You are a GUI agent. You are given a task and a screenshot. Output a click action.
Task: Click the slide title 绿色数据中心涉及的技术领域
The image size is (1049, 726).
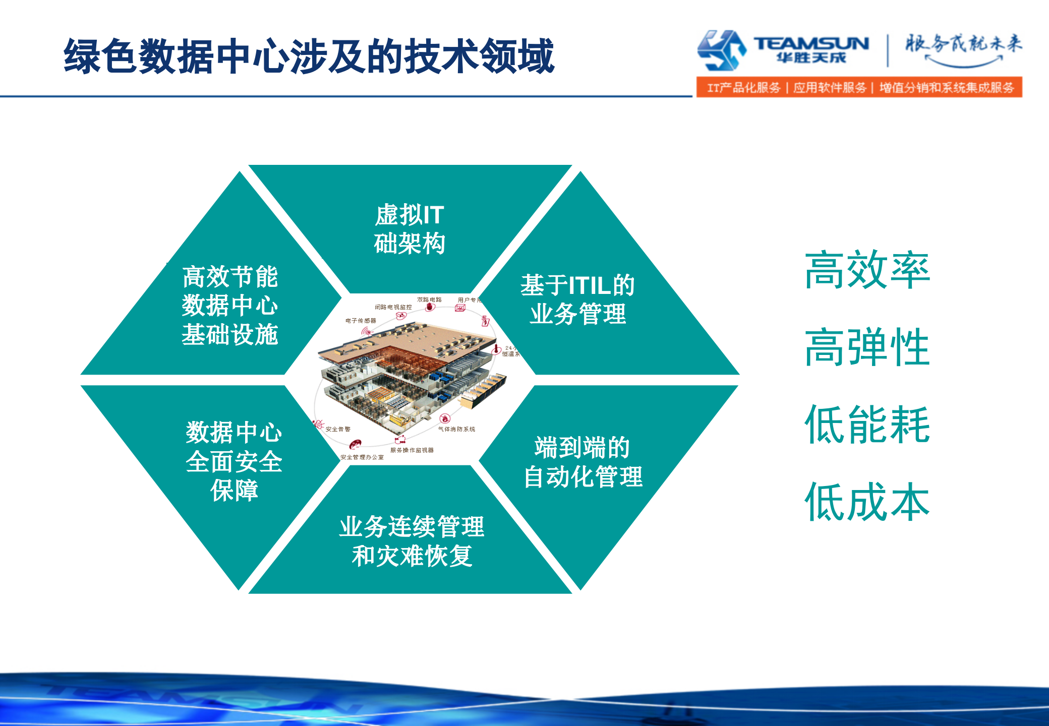pos(309,56)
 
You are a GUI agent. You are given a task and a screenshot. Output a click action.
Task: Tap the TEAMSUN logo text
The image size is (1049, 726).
pos(811,44)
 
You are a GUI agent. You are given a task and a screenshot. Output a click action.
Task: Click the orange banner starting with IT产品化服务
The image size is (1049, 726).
pos(859,87)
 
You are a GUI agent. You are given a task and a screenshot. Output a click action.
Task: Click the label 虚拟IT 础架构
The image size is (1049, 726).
pos(410,229)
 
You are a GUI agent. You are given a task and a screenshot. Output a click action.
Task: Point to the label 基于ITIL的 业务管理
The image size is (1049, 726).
pos(577,299)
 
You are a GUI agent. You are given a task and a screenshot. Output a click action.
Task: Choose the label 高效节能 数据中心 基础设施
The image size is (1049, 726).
pos(230,306)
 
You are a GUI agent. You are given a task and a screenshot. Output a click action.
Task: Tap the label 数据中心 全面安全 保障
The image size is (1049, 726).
pos(234,461)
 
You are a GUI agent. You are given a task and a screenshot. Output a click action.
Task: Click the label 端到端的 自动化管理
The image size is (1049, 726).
pos(583,462)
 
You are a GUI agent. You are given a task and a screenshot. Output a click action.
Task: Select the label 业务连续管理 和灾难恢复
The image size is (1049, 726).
pos(412,541)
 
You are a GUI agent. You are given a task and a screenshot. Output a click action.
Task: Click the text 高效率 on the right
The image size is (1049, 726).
pos(867,271)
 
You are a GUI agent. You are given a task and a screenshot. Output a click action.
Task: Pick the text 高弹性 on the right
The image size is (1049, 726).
pos(867,347)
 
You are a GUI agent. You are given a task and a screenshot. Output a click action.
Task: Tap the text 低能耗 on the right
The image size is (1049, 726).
pos(867,425)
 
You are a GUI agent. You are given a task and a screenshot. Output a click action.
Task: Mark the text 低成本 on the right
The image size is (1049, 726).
pos(867,502)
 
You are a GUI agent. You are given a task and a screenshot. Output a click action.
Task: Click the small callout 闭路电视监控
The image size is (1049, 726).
pos(393,307)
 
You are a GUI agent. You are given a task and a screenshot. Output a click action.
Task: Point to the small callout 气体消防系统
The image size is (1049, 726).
pos(456,429)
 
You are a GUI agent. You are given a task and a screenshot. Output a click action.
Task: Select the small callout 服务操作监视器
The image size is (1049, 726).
pos(412,450)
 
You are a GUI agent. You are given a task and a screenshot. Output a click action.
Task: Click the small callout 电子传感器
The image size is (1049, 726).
pos(361,321)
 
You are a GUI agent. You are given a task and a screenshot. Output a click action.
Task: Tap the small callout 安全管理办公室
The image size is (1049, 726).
pos(362,457)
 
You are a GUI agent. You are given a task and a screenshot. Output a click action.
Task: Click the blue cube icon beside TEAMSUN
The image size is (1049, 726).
pos(721,50)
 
